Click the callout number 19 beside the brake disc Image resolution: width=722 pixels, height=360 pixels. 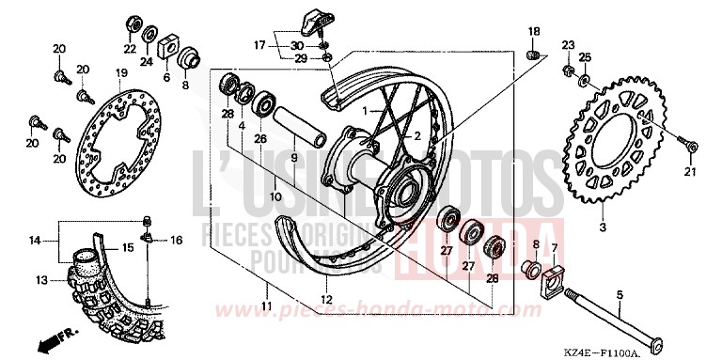click(x=120, y=73)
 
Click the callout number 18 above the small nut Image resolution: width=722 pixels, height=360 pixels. click(x=532, y=32)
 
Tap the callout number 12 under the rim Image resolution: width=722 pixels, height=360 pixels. click(x=326, y=300)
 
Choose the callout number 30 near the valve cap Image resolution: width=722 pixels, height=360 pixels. click(x=297, y=45)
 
